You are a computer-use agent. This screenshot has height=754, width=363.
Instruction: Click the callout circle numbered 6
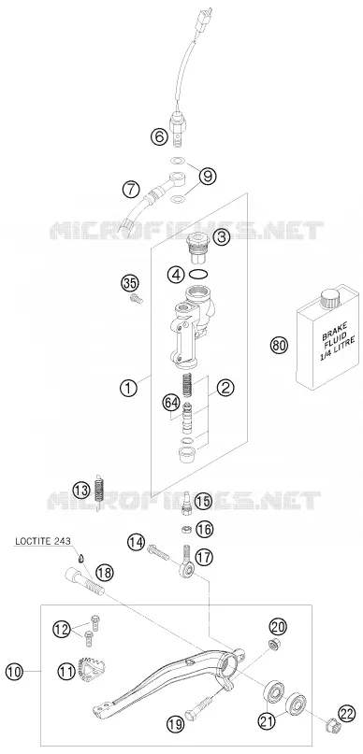point(159,137)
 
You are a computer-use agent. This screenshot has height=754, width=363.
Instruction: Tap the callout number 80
point(279,346)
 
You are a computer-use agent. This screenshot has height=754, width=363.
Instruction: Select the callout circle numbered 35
point(128,282)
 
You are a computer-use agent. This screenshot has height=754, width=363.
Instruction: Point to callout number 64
point(170,402)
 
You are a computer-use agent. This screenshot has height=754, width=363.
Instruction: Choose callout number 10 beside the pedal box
point(14,672)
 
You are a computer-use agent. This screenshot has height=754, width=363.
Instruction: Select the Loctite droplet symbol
point(81,558)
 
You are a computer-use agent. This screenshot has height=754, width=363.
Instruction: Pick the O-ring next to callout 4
point(198,275)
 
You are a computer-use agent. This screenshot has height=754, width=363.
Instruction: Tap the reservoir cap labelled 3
point(197,247)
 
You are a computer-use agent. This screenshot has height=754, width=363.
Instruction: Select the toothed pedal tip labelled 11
point(93,669)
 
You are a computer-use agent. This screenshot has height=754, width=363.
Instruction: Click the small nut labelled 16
point(187,529)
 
